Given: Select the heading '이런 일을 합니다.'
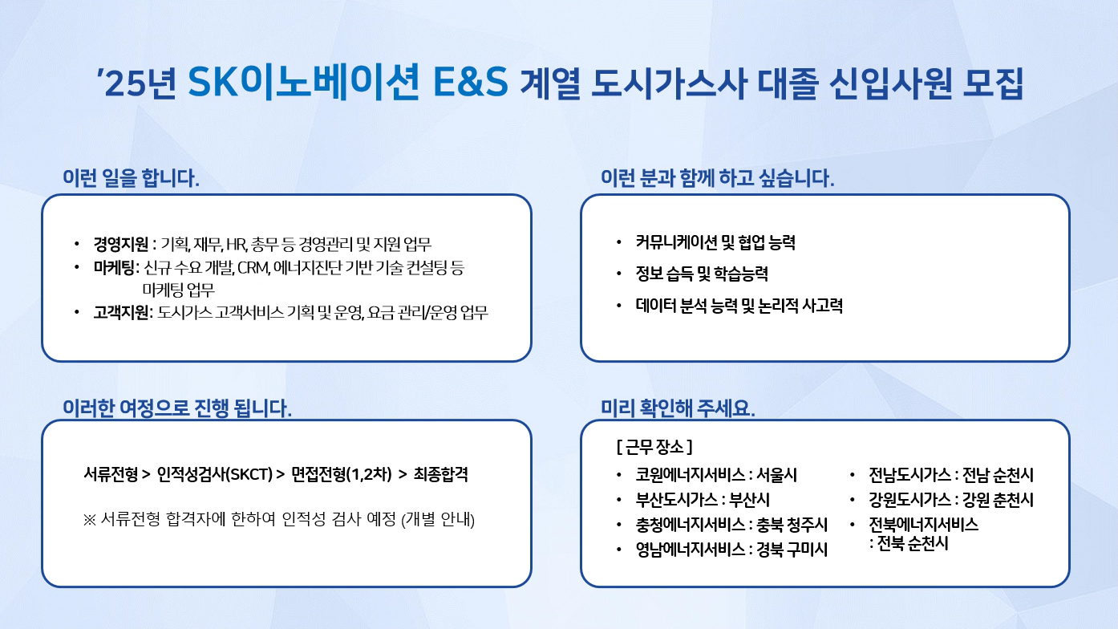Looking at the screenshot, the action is (131, 178).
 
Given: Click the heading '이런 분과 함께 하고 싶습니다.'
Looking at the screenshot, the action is (717, 178).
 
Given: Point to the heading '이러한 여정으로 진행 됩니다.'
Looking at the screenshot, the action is (177, 408).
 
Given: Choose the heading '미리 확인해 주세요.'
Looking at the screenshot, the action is (678, 408).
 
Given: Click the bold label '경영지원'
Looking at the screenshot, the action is (121, 244).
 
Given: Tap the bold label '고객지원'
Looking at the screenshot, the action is (121, 313).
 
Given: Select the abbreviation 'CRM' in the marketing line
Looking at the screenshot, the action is (253, 268).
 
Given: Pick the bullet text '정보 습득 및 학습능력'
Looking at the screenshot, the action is (702, 274).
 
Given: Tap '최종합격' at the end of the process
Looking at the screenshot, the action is (441, 474).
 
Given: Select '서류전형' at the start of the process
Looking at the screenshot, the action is (111, 474).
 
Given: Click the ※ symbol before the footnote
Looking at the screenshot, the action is (89, 520).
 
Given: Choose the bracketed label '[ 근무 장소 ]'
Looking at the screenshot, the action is (654, 447).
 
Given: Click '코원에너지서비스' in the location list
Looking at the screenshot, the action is (691, 474).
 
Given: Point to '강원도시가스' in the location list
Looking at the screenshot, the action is (909, 499).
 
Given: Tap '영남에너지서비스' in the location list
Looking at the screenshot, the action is (691, 549).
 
